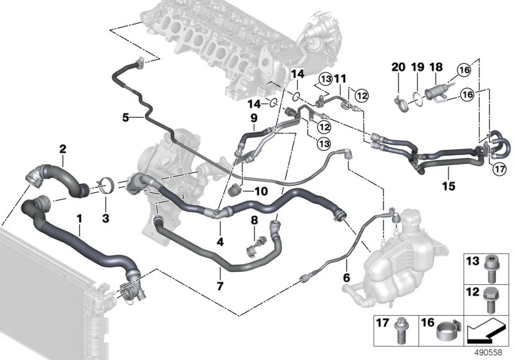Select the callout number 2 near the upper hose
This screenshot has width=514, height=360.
click(63, 150)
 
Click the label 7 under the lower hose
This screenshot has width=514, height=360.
click(220, 285)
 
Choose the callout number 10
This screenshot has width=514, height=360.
click(260, 192)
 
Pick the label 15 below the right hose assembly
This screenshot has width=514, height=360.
click(448, 186)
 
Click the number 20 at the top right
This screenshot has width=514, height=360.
click(398, 67)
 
